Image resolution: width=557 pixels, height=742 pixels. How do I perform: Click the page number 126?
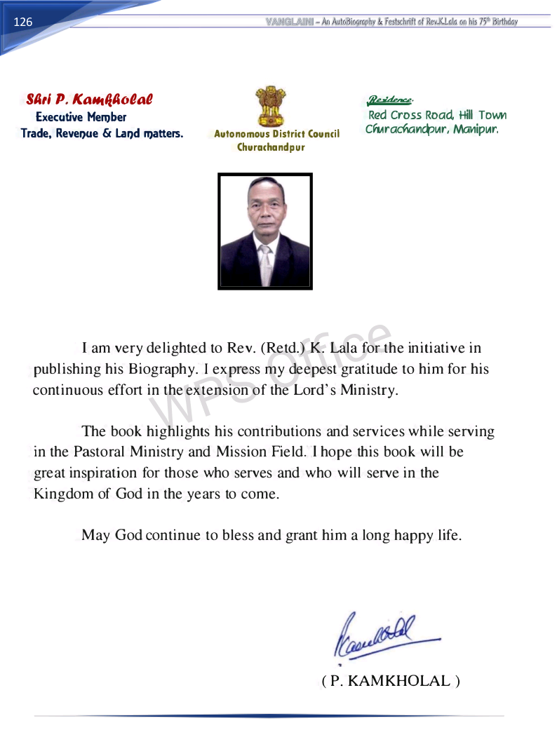(23, 22)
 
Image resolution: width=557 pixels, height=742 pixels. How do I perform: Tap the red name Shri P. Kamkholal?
(89, 100)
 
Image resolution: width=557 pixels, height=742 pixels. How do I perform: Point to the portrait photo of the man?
(265, 231)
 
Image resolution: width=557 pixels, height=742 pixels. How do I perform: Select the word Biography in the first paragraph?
(159, 369)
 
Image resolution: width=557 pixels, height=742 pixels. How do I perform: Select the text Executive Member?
(81, 117)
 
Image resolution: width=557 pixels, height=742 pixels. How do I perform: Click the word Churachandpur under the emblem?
(271, 147)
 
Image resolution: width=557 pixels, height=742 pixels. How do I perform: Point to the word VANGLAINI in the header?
(289, 22)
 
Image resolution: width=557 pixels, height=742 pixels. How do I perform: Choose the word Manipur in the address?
(476, 130)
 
